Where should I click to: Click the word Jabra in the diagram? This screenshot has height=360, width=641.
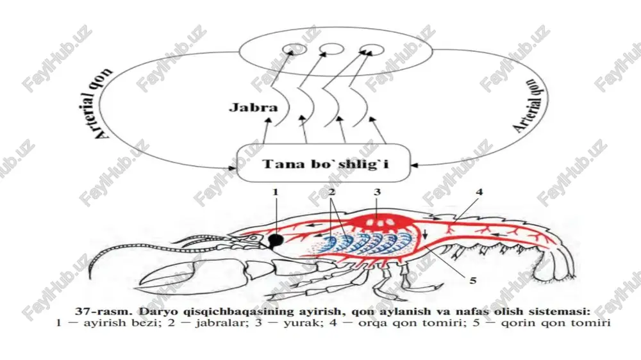click(x=253, y=108)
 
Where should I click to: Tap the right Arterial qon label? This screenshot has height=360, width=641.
click(x=530, y=106)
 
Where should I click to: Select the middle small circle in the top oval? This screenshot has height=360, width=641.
click(x=331, y=49)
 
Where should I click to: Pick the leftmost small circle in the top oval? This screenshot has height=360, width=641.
click(x=296, y=49)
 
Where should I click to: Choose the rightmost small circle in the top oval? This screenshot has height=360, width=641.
click(x=372, y=50)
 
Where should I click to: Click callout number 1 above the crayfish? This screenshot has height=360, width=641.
click(x=276, y=192)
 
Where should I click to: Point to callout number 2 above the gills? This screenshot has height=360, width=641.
click(x=331, y=192)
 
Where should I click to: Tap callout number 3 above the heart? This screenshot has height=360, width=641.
click(x=377, y=192)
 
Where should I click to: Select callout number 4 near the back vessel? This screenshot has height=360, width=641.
click(x=479, y=192)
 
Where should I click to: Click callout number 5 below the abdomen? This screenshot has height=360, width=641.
click(x=473, y=281)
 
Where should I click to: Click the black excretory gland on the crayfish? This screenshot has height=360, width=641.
click(x=276, y=240)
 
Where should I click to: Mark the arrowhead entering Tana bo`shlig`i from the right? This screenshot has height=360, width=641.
click(x=414, y=165)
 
